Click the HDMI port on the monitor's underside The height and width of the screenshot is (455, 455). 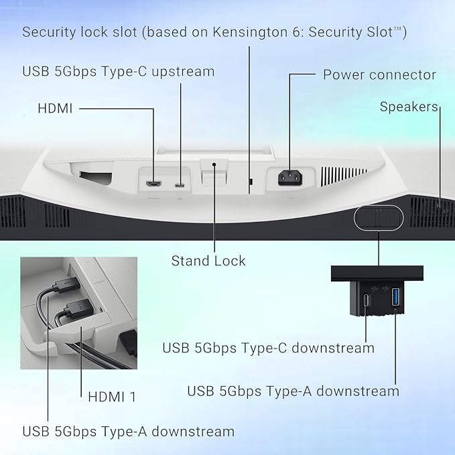point(154,184)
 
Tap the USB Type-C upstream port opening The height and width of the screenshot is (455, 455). point(180,185)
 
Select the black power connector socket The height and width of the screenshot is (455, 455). point(290,178)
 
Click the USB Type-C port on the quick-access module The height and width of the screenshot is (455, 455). point(367,300)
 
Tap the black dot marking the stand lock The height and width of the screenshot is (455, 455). point(214,165)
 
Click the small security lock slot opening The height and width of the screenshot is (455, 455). point(251,182)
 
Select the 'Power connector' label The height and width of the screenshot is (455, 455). point(379,75)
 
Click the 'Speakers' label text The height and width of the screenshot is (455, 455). point(409,107)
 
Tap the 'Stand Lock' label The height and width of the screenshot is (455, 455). point(208,261)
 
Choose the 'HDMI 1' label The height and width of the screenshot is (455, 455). point(112,397)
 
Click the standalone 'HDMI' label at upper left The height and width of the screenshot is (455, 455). point(55,109)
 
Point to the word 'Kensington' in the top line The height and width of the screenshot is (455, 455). point(250,32)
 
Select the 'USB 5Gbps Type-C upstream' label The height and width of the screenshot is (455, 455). point(119,72)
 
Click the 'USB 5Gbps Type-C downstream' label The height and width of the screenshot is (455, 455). point(269,348)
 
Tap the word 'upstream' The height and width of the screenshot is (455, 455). point(183,72)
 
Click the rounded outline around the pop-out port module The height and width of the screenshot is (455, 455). point(379,206)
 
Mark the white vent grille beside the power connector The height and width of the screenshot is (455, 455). point(344,176)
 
